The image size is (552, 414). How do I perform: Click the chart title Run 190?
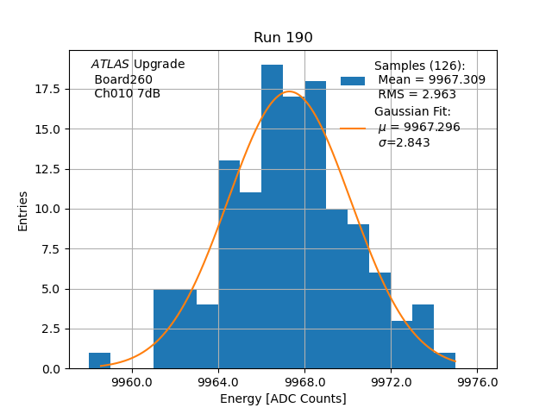coord(283,38)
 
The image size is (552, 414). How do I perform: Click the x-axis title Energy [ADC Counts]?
coord(283,398)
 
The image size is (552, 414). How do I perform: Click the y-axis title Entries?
coord(23,210)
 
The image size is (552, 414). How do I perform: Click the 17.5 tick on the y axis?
coord(47,89)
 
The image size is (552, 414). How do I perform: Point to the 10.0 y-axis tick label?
coord(47,209)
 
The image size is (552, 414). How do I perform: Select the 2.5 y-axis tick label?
coord(50,329)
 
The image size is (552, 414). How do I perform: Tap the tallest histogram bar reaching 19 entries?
coord(272,216)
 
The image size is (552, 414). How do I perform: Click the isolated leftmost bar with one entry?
coord(99,361)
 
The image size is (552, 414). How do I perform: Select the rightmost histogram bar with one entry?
coord(444,361)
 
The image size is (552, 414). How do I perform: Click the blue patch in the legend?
coord(353,80)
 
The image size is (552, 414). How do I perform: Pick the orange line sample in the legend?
coord(353,128)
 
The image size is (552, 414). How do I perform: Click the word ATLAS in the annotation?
coord(110,65)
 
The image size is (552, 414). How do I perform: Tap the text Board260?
coord(123,79)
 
